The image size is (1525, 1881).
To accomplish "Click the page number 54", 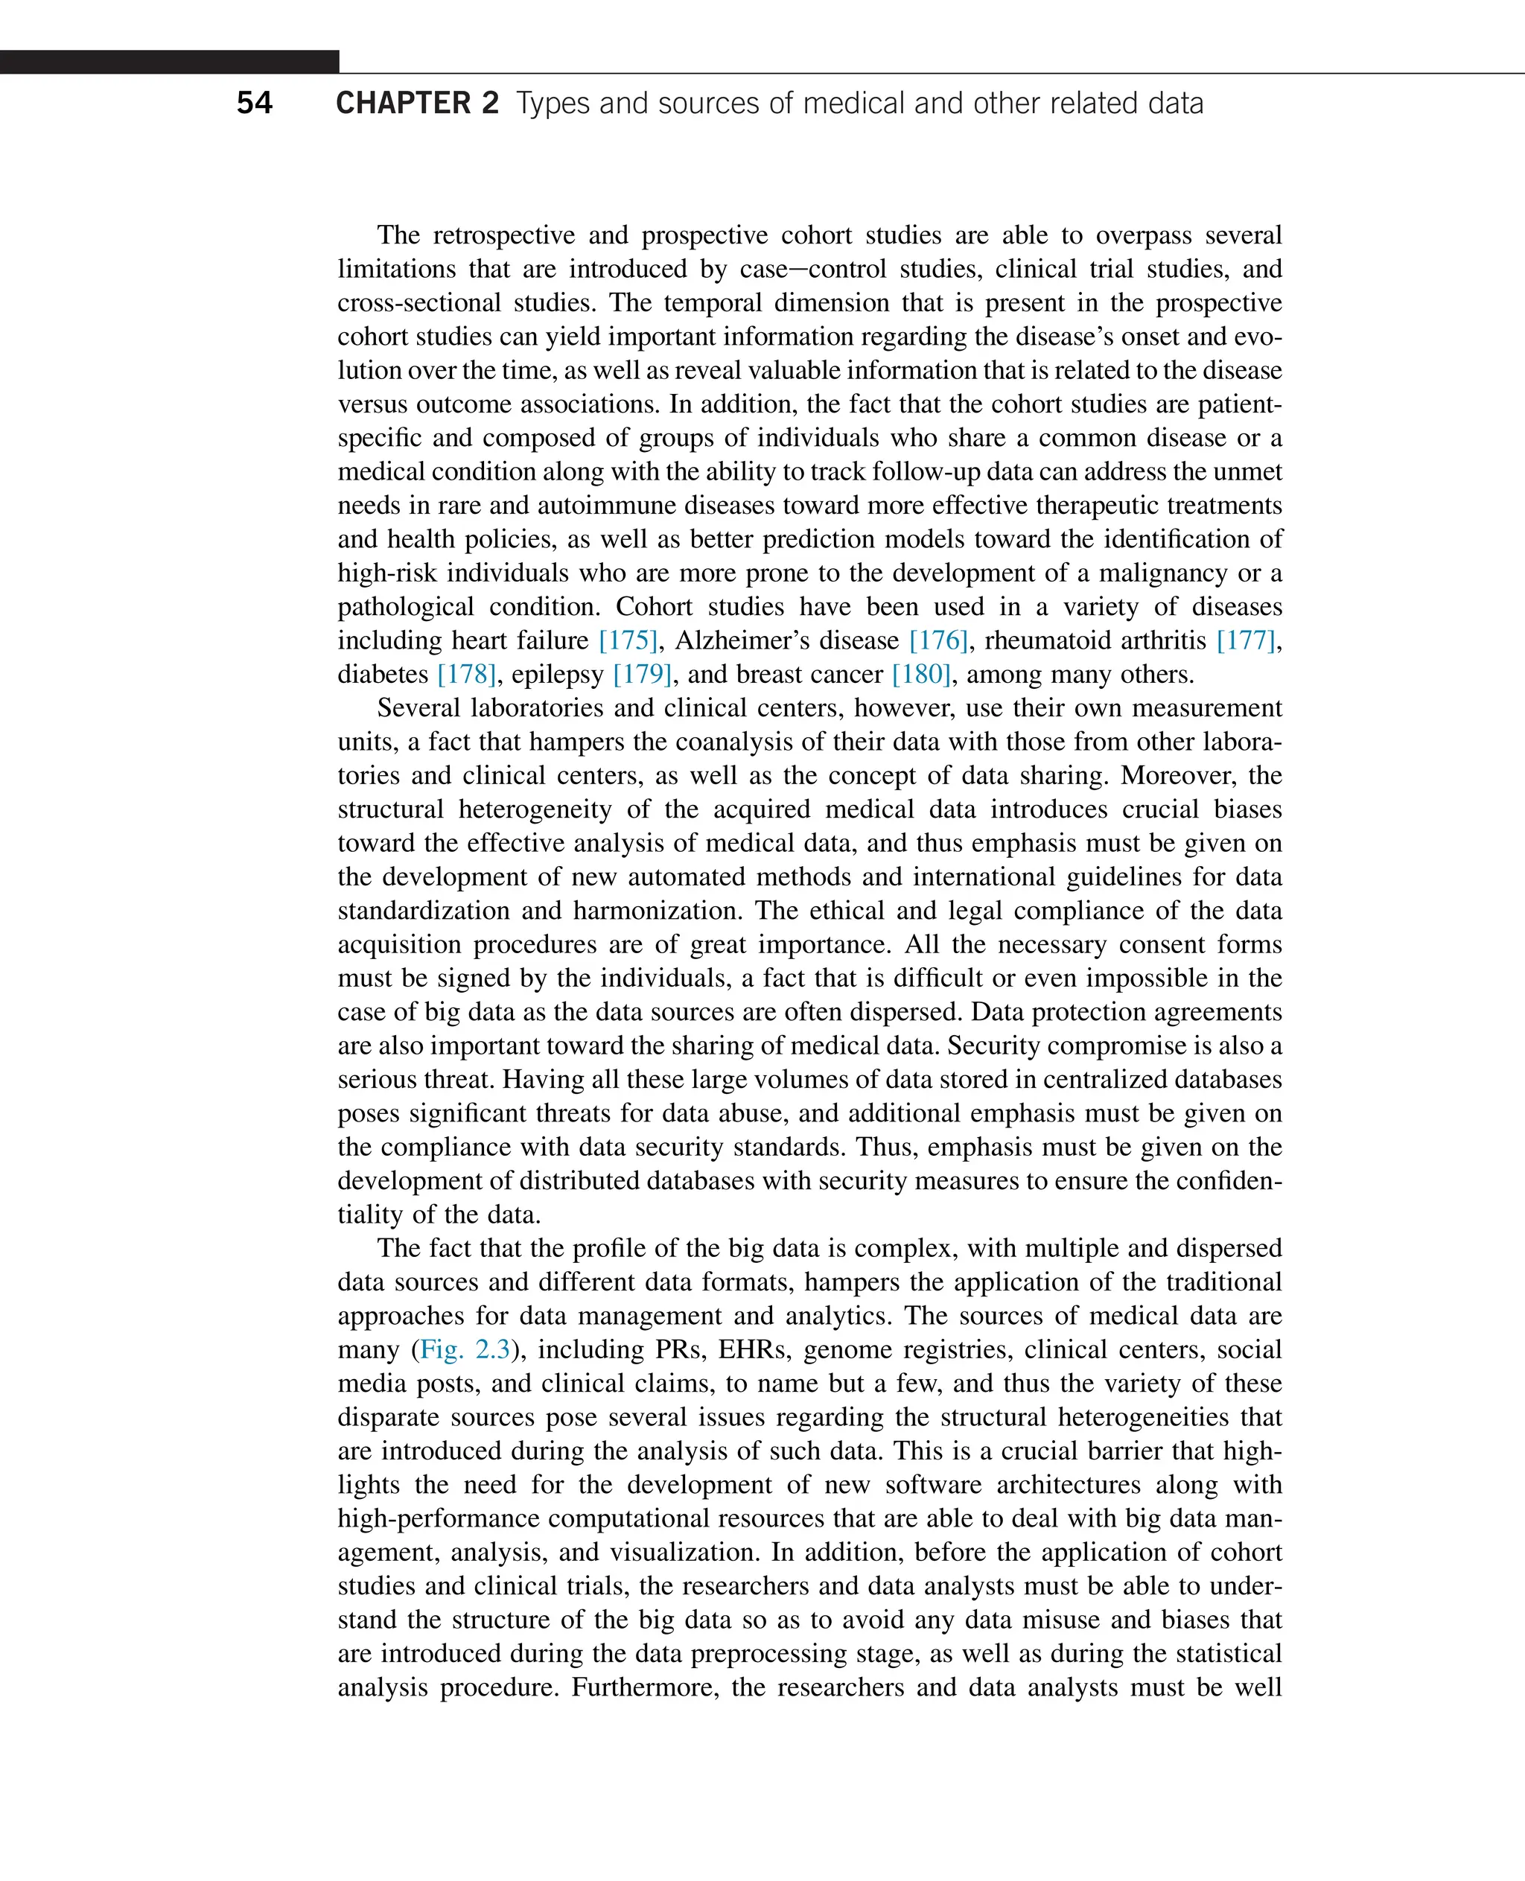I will pyautogui.click(x=254, y=104).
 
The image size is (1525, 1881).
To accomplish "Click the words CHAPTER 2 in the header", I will pyautogui.click(x=417, y=104).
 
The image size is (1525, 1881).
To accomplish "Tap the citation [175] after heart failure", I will pyautogui.click(x=628, y=640).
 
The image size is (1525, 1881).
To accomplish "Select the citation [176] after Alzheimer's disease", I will pyautogui.click(x=938, y=640).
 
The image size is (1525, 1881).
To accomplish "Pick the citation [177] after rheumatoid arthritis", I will pyautogui.click(x=1246, y=640).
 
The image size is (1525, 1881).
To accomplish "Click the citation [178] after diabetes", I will pyautogui.click(x=466, y=675).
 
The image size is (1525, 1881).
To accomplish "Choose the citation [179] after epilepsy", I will pyautogui.click(x=642, y=675).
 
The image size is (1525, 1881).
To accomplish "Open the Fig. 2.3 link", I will pyautogui.click(x=465, y=1349).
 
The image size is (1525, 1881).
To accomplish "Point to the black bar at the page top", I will pyautogui.click(x=169, y=62).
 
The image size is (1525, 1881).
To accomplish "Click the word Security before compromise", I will pyautogui.click(x=1000, y=1045).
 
